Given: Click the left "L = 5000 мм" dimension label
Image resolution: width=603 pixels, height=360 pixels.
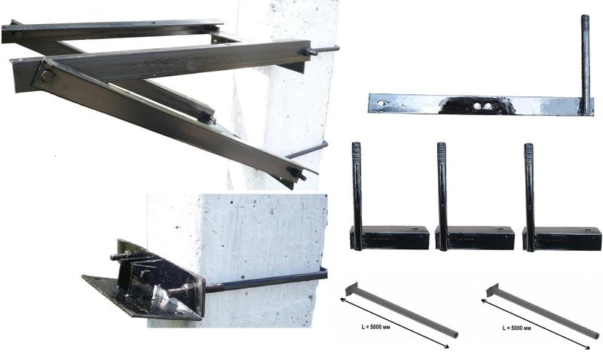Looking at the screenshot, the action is pyautogui.click(x=375, y=328).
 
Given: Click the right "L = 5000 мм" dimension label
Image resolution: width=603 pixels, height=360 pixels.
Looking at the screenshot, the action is pyautogui.click(x=517, y=328).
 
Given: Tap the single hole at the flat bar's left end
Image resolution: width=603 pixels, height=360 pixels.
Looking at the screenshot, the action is pyautogui.click(x=381, y=103).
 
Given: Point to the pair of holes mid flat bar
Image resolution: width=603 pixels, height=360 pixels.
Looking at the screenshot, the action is pyautogui.click(x=482, y=105).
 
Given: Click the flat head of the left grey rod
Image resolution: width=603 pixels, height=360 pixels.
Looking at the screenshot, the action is pyautogui.click(x=351, y=289).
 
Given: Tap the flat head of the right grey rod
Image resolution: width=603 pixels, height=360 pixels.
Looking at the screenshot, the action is pyautogui.click(x=493, y=290).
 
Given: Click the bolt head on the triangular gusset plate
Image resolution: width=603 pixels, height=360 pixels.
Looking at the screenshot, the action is pyautogui.click(x=47, y=75).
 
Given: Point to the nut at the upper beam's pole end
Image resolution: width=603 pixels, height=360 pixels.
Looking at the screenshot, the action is pyautogui.click(x=309, y=51).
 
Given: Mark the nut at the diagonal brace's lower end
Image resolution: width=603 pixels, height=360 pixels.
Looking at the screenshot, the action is pyautogui.click(x=298, y=174).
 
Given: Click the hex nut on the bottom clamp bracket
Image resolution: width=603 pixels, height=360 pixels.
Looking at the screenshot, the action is pyautogui.click(x=146, y=276).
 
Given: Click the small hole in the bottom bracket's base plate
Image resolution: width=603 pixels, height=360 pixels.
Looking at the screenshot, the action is pyautogui.click(x=96, y=279).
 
